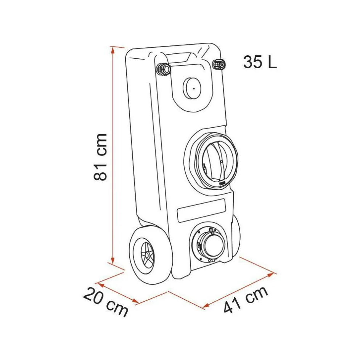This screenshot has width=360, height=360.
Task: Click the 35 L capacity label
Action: tap(260, 62)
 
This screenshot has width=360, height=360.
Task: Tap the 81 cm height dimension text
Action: tap(100, 157)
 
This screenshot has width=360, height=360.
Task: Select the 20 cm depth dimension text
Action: tap(105, 302)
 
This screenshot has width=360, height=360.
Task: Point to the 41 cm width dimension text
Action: tap(246, 300)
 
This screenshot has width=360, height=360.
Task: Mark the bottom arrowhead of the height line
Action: tap(112, 260)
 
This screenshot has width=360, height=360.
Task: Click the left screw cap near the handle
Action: tap(163, 68)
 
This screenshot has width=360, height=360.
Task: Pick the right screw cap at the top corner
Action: tap(219, 64)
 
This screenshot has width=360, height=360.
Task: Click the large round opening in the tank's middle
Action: tap(211, 161)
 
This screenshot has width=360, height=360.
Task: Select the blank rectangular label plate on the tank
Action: tap(201, 210)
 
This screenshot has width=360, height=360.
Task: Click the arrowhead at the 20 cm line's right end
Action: tap(135, 301)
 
